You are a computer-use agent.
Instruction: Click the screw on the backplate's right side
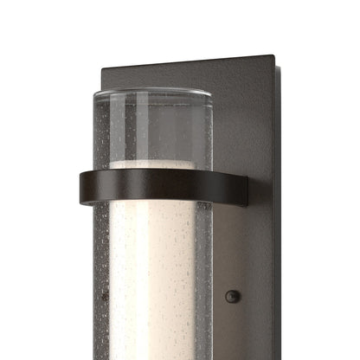[231, 297]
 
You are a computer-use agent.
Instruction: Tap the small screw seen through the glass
[106, 296]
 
